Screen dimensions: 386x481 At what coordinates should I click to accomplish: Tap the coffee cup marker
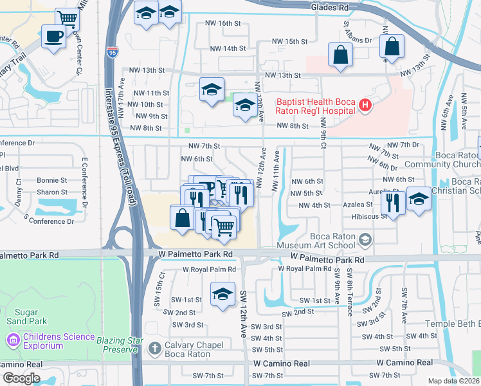53,36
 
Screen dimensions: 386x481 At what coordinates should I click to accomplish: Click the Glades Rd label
329,7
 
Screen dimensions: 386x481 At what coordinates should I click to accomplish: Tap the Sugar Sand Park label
26,315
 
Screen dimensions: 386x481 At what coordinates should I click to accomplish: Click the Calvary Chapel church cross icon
154,349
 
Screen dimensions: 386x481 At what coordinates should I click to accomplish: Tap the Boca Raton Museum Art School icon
365,241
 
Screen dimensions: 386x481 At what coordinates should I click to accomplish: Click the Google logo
21,378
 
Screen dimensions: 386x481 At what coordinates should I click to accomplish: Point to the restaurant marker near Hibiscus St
392,203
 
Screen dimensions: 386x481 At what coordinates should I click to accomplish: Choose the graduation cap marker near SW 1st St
222,295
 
